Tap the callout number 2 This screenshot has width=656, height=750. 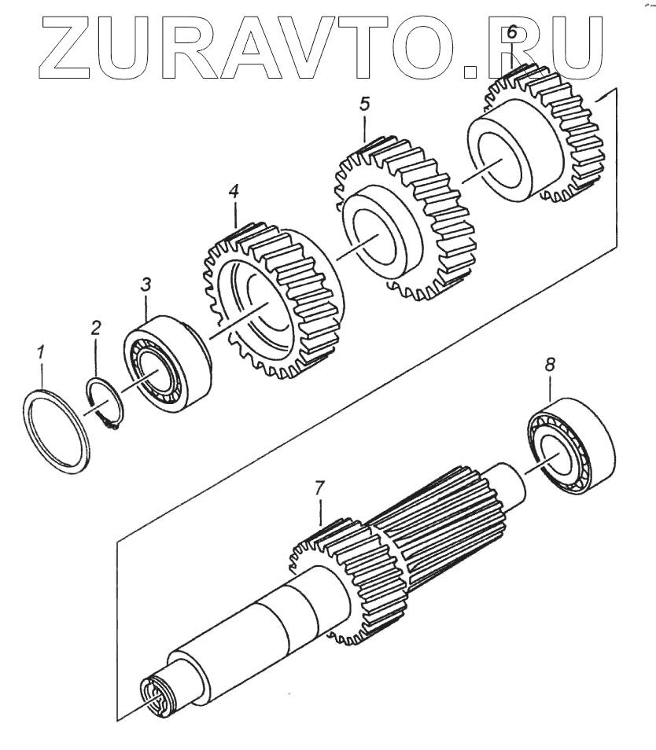[x=95, y=327]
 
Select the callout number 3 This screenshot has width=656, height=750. [x=146, y=285]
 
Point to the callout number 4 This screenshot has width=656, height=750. [x=234, y=191]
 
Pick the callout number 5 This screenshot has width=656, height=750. [x=364, y=104]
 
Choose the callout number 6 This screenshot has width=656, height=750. [x=511, y=34]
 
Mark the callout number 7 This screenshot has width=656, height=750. [x=319, y=488]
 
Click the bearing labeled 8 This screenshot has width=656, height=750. [x=571, y=448]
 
